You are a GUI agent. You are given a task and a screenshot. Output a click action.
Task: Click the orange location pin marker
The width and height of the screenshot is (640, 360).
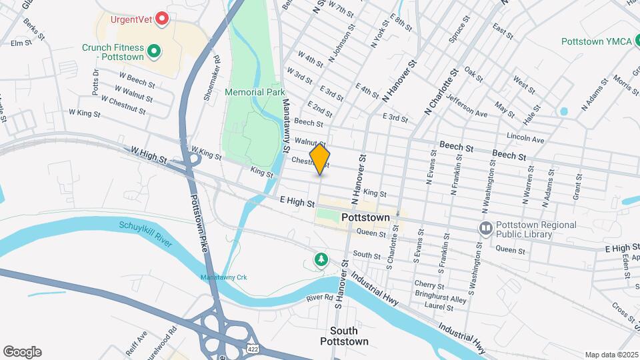point(320,159)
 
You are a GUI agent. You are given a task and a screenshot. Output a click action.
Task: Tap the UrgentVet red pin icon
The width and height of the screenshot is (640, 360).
point(161,19)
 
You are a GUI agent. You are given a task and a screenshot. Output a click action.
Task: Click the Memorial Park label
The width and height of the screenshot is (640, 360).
point(255,92)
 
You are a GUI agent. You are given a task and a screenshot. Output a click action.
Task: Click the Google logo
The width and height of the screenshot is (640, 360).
point(22,351)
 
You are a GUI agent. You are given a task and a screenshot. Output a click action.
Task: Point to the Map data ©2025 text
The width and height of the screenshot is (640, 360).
point(611,355)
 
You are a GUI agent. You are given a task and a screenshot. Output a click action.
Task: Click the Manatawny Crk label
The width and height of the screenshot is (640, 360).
point(220,277)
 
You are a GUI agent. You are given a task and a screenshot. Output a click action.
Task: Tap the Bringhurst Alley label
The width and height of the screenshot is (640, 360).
point(441,299)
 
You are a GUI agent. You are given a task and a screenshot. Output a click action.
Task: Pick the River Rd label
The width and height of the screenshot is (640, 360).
point(320,297)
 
